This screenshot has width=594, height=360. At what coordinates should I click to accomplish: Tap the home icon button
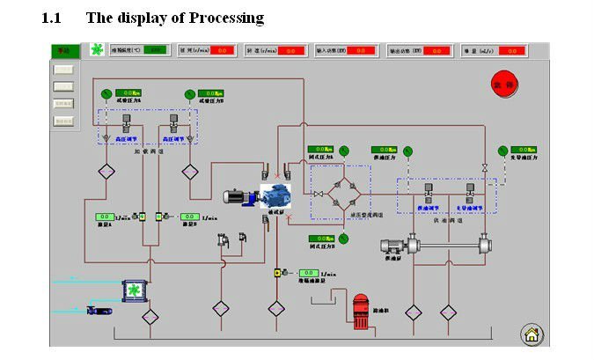[531, 334]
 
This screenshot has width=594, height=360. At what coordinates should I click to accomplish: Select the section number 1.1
[53, 18]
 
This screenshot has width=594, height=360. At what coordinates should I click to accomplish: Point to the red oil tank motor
[361, 312]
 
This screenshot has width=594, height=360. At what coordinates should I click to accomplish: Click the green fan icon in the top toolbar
[95, 50]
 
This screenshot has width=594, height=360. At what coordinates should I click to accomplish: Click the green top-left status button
[62, 51]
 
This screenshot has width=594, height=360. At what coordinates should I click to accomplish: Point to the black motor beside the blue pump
[239, 199]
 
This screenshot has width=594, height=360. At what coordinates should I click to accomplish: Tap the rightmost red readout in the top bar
[513, 51]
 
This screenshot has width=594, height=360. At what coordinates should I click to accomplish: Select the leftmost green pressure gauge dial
[105, 92]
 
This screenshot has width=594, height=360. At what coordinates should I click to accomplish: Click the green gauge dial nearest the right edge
[502, 151]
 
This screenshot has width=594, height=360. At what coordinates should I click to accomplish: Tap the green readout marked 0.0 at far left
[103, 217]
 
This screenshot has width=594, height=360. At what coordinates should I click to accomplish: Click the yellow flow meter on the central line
[276, 275]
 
